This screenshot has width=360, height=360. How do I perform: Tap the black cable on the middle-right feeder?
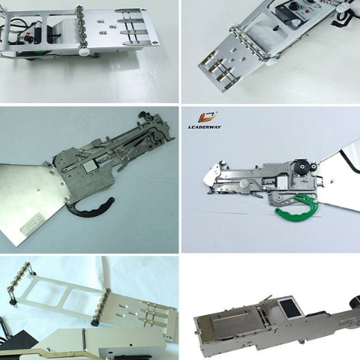353,170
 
